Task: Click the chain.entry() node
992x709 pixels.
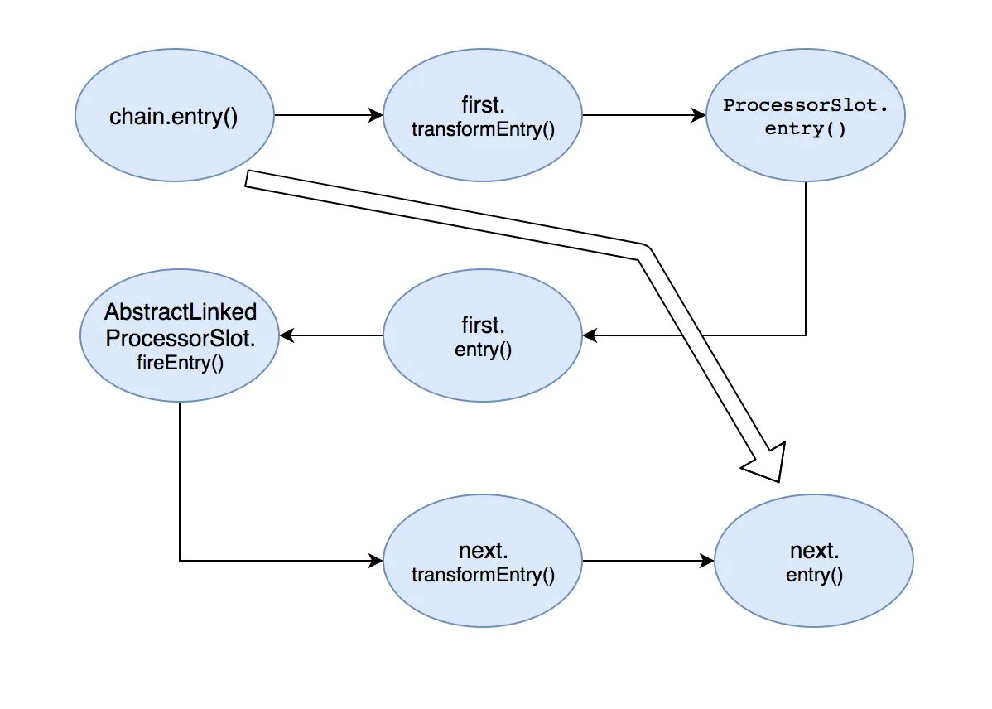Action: (x=174, y=117)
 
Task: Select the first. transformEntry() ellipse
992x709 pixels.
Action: (x=483, y=117)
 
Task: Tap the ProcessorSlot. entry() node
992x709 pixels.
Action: (x=805, y=117)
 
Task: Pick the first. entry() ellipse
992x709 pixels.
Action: (x=483, y=335)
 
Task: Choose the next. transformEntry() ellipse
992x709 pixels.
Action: (x=483, y=561)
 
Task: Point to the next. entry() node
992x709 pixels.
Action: (x=814, y=561)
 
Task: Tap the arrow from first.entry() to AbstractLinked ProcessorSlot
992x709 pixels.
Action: (x=331, y=335)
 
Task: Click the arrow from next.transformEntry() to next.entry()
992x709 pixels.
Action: (x=648, y=561)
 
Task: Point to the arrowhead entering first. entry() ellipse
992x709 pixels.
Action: (x=590, y=335)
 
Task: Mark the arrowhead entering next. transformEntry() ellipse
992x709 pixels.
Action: (x=377, y=561)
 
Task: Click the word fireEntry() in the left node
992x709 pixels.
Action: (x=180, y=362)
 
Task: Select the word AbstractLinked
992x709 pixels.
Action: (x=180, y=312)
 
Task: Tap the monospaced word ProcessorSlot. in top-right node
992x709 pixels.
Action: (x=805, y=106)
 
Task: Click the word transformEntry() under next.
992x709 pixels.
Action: (x=483, y=574)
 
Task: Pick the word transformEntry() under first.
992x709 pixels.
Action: (x=483, y=130)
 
